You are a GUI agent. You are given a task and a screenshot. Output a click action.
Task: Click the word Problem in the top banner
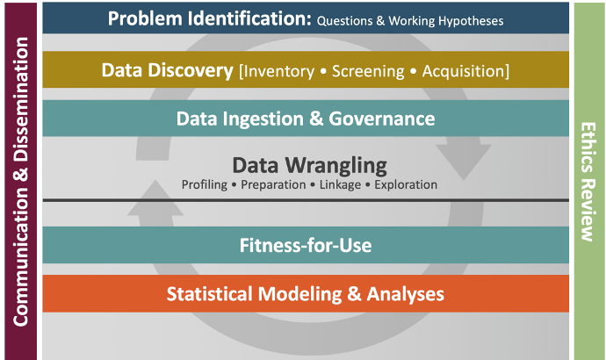tap(145, 18)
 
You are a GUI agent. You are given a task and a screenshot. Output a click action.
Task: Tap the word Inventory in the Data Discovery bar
tap(277, 71)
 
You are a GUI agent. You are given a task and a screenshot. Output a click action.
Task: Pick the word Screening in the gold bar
tap(368, 71)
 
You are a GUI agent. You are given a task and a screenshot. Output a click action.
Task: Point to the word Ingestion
tap(263, 119)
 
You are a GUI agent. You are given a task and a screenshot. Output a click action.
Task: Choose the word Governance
tap(382, 119)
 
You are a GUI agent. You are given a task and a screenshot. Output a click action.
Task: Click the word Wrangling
tap(335, 166)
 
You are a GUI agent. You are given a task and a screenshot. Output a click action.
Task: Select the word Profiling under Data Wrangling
tap(205, 185)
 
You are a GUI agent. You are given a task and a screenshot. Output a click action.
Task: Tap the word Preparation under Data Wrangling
tap(273, 185)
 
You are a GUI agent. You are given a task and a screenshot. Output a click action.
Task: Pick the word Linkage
tap(340, 185)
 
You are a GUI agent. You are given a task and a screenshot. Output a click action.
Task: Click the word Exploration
tap(406, 184)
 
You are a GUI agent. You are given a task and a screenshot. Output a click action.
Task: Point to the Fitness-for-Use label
tap(306, 246)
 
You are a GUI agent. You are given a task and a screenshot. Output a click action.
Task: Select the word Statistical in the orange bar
tap(210, 294)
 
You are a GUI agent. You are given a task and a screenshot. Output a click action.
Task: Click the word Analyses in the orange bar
tap(406, 294)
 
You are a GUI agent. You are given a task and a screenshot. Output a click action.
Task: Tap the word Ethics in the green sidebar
tap(588, 148)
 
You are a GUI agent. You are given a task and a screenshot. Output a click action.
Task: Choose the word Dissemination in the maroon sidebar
tap(21, 99)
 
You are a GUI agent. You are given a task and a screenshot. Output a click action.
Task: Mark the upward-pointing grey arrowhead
tap(155, 198)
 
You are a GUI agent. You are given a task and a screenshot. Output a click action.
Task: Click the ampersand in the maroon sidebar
tap(21, 174)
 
